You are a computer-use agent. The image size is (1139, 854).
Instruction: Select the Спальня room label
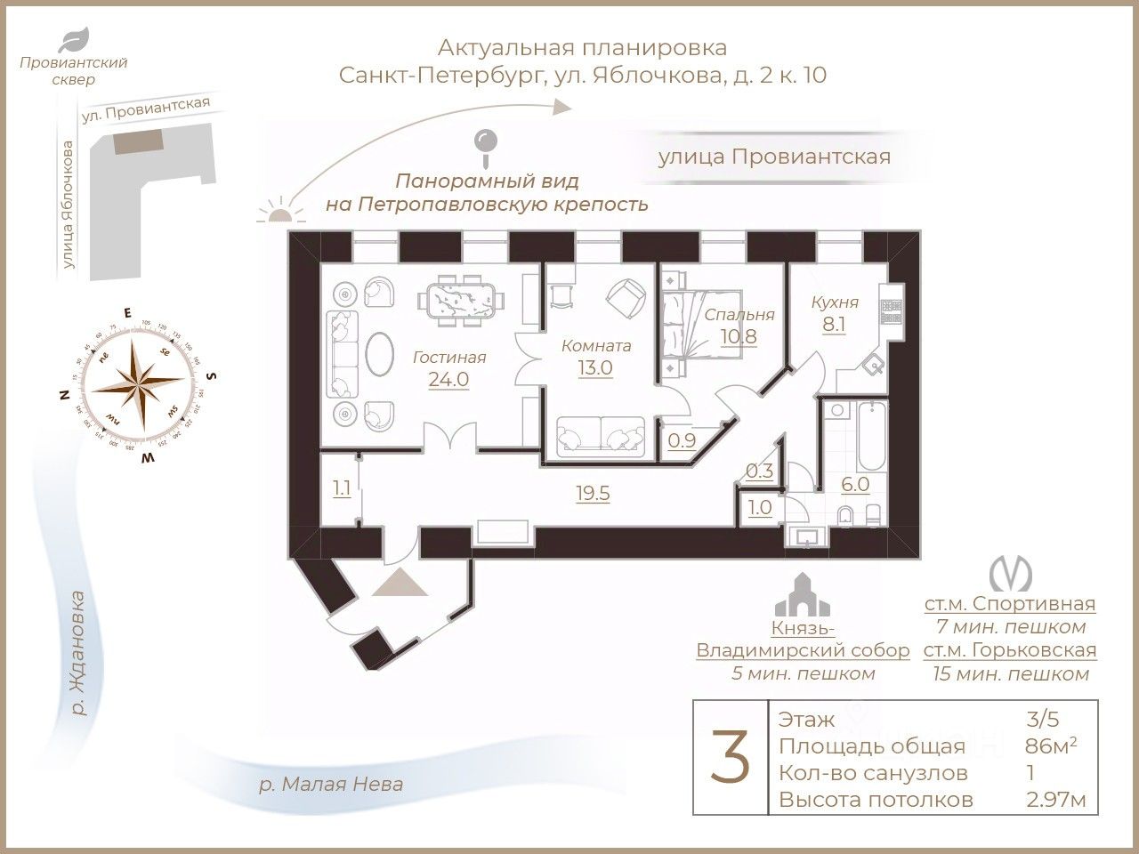point(739,315)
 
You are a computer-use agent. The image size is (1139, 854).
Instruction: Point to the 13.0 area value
point(595,367)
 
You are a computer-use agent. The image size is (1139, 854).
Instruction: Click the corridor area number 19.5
point(592,494)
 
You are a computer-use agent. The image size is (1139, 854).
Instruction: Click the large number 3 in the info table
point(729,757)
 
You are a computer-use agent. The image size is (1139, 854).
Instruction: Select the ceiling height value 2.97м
point(1055,800)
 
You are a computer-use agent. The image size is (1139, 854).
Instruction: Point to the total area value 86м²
point(1051,745)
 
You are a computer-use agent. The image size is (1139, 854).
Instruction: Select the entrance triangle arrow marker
point(400,583)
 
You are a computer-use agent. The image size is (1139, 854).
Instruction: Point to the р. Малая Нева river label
point(330,784)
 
